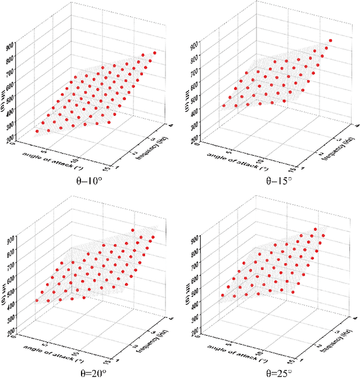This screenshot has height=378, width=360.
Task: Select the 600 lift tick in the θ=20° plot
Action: pos(11,273)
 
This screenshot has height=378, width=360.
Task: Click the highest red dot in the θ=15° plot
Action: pos(331,40)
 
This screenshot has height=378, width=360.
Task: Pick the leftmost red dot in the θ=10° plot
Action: pos(37,132)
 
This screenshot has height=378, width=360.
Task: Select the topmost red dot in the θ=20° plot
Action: pos(133,230)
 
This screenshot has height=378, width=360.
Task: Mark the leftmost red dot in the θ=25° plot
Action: pos(223,295)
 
